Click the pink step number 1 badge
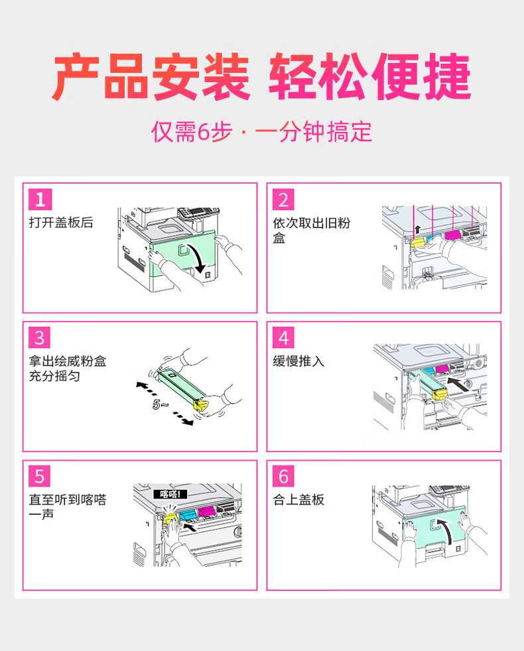pyautogui.click(x=40, y=200)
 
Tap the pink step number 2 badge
pyautogui.click(x=284, y=200)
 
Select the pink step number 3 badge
pyautogui.click(x=40, y=337)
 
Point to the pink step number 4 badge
pyautogui.click(x=284, y=337)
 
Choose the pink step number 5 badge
pyautogui.click(x=40, y=476)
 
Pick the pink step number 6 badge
pyautogui.click(x=284, y=476)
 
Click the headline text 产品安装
pyautogui.click(x=152, y=76)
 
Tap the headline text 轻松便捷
pyautogui.click(x=370, y=76)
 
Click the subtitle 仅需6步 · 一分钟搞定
pyautogui.click(x=261, y=132)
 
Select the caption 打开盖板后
pyautogui.click(x=61, y=223)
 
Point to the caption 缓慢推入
pyautogui.click(x=298, y=361)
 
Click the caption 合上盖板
pyautogui.click(x=298, y=499)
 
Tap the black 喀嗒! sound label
pyautogui.click(x=170, y=494)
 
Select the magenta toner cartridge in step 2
pyautogui.click(x=452, y=235)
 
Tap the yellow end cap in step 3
pyautogui.click(x=201, y=404)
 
